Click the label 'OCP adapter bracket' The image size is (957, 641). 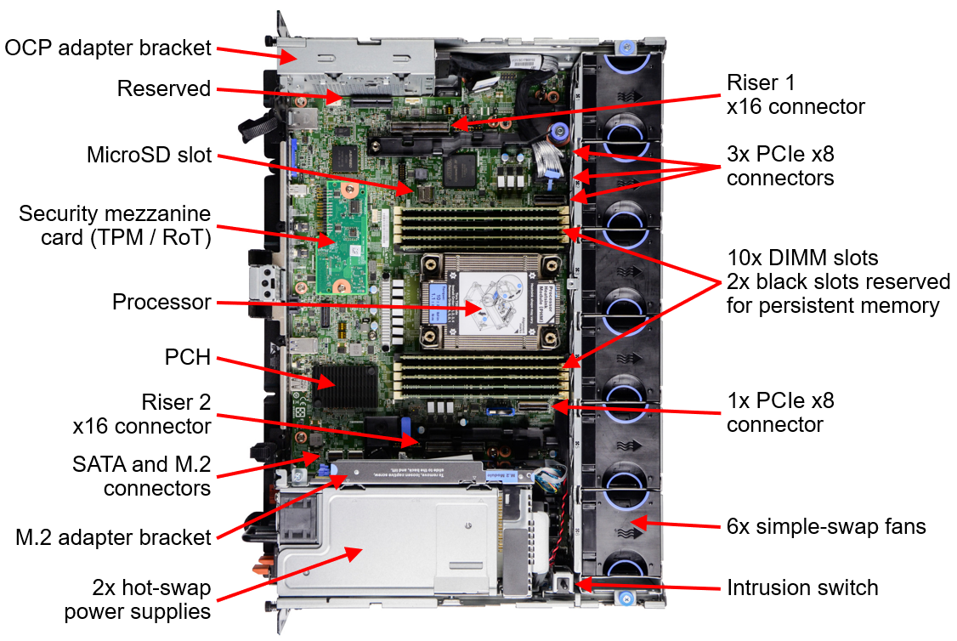pos(107,48)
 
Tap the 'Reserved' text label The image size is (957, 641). pos(163,89)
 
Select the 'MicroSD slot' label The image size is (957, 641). pos(149,156)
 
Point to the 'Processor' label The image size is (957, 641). pos(161,303)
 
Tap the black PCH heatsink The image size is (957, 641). pos(344,387)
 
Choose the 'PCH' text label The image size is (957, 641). pos(187,357)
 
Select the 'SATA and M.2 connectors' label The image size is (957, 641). pos(141,476)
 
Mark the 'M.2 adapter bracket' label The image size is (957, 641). pos(113,537)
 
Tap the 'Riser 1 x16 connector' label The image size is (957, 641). pos(795,94)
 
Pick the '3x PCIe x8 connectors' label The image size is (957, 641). pos(779,166)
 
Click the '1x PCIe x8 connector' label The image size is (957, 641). pos(779,411)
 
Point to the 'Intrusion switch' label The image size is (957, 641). pos(801,587)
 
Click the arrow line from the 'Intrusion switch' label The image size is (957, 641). pos(646,586)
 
